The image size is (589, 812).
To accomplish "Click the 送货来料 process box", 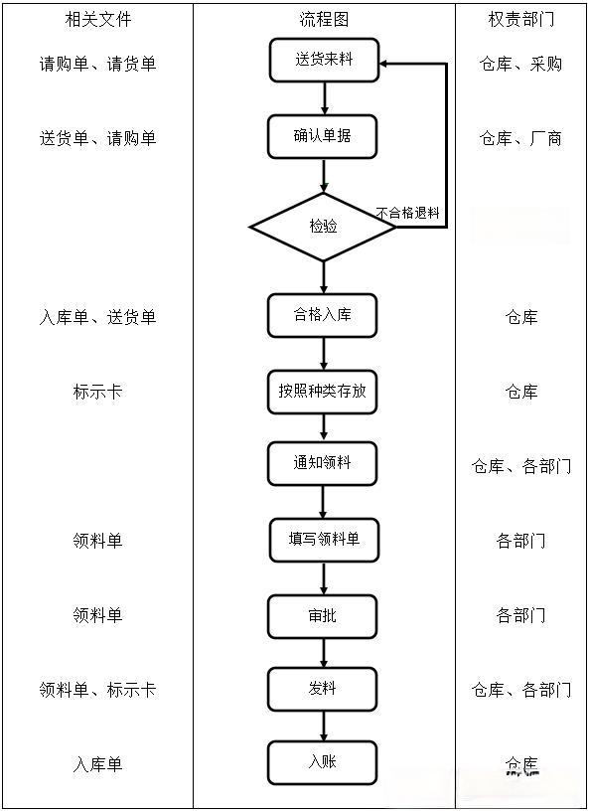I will tap(324, 61).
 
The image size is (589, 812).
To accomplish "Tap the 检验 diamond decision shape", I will tap(323, 227).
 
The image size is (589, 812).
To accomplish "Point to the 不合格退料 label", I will tap(407, 213).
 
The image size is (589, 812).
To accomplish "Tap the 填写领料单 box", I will tap(324, 540).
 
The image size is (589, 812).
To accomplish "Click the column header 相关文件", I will tap(97, 19).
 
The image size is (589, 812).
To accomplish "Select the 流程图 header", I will tap(324, 19).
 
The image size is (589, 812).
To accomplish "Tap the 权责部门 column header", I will tap(521, 19).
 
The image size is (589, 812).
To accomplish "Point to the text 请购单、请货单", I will tap(97, 64).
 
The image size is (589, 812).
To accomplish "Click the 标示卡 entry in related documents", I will tap(97, 392).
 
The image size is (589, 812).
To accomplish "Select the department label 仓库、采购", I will tap(520, 64).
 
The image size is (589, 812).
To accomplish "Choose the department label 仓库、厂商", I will tap(520, 138).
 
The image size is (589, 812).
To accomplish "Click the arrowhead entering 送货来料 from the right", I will tap(384, 63).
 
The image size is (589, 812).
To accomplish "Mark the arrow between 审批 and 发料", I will tap(324, 653).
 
